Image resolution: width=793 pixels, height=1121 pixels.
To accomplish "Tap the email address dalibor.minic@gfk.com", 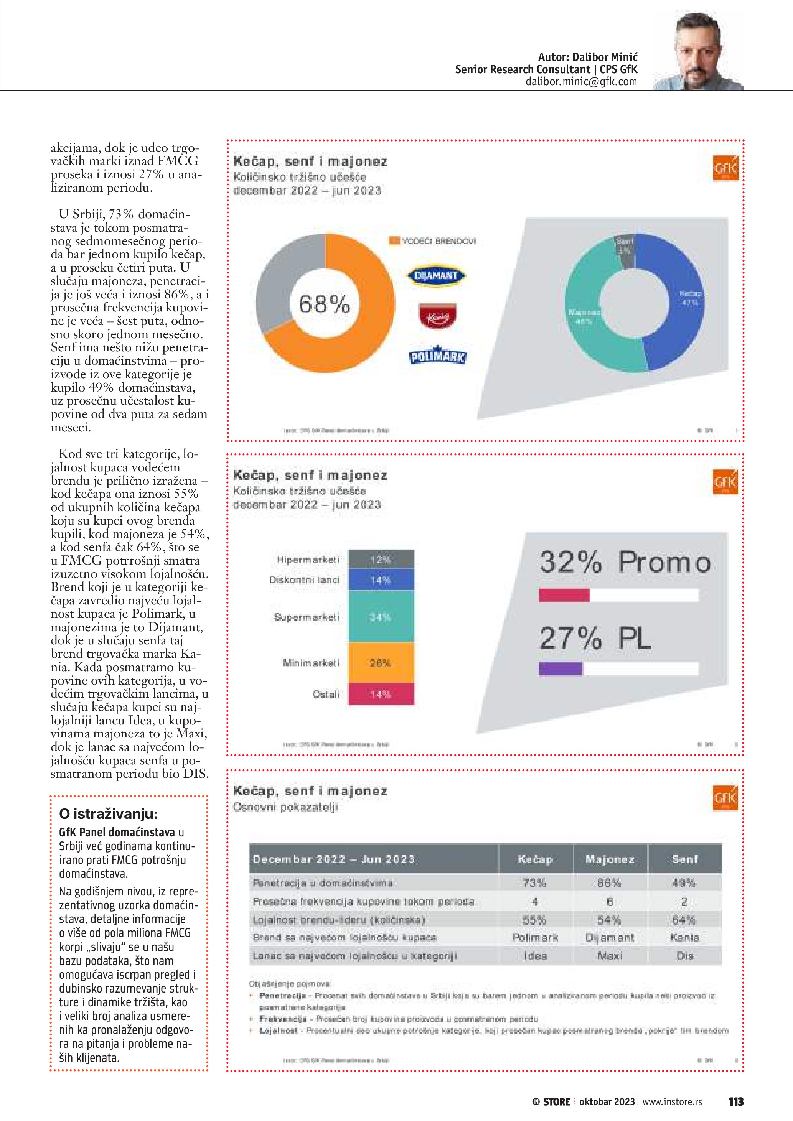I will pos(581,82).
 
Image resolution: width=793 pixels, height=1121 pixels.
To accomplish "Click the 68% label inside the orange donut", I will pos(324,304).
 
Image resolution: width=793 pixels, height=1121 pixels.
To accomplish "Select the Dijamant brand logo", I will pos(437,276).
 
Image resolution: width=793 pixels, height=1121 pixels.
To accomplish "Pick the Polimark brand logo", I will pos(437,357).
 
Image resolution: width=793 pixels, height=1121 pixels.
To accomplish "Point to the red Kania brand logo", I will pos(437,315).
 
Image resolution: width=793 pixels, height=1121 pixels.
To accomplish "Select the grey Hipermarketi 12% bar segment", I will pos(381,560).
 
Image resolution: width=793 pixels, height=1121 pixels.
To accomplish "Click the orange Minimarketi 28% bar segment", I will pos(381,663).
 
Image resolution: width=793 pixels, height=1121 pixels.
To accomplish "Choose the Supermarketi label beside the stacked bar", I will pos(307,617).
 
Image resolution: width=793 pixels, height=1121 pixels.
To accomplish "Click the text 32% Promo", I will pos(625,563).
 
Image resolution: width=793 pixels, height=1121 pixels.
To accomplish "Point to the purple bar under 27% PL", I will pos(561,669).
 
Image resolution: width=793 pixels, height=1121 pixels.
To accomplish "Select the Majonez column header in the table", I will pos(610,859).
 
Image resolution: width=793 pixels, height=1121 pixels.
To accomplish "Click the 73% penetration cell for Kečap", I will pos(535,883).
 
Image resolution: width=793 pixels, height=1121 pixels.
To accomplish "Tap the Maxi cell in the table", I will pos(610,956).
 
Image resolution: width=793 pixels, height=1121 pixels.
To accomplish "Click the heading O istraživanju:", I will pos(109,814).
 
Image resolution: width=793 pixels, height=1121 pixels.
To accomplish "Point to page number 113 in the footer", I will pos(735,1101).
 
